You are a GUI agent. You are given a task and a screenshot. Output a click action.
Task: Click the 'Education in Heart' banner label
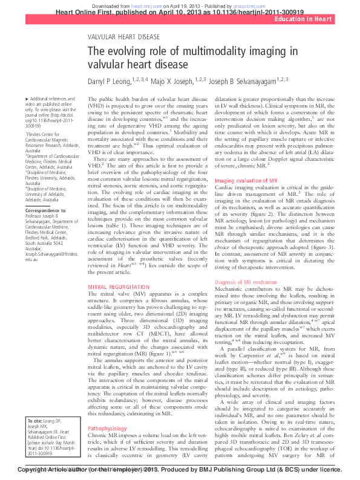tap(303, 20)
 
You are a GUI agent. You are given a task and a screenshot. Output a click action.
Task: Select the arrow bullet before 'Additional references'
tap(26, 99)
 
